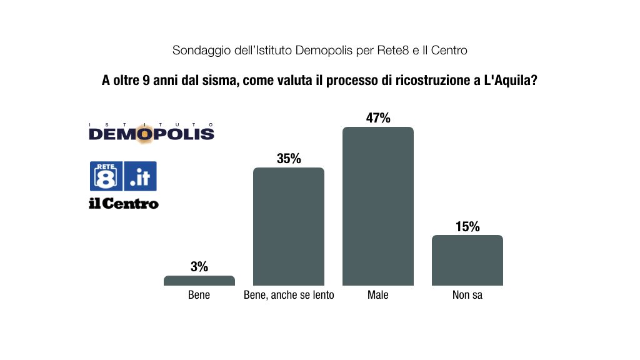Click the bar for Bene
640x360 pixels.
[199, 281]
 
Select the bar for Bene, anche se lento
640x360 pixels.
[288, 226]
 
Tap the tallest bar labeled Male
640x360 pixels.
[377, 206]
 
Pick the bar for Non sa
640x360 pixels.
[467, 260]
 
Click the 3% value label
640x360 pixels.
[199, 267]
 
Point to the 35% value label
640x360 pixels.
[289, 159]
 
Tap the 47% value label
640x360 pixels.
[378, 118]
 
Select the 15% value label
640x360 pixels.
[467, 226]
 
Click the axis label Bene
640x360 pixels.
[199, 295]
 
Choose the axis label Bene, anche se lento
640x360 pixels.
[289, 295]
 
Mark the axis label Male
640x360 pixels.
[377, 295]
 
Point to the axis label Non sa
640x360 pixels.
[467, 295]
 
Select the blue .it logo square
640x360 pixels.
[141, 176]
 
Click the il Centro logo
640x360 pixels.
[123, 204]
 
